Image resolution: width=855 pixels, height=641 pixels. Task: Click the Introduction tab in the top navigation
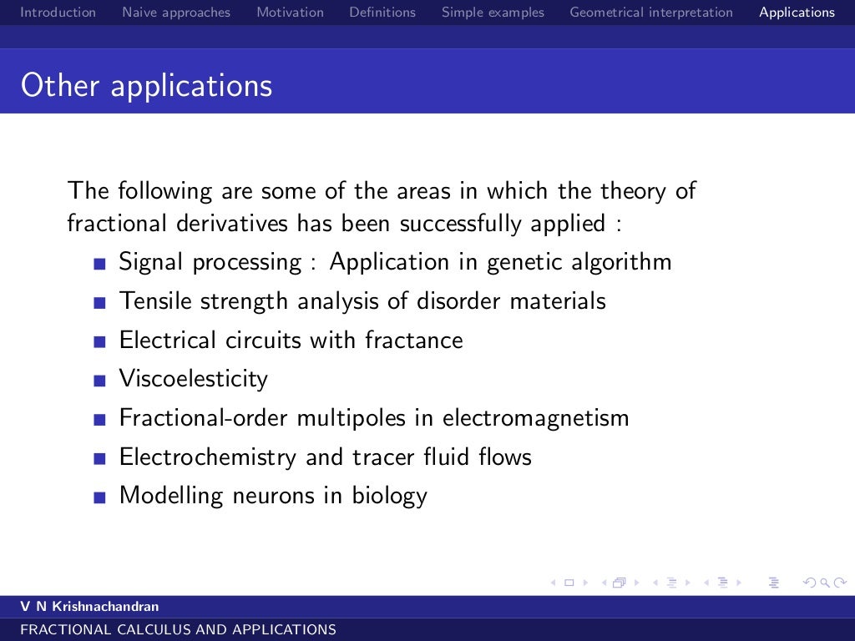coord(58,13)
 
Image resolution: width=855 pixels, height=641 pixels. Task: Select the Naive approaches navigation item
coord(176,13)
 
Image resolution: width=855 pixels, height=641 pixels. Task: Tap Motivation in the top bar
coord(290,13)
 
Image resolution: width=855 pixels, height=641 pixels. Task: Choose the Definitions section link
coord(382,13)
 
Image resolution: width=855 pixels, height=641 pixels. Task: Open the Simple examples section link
coord(493,13)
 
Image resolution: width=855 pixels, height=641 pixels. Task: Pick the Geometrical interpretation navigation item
coord(651,13)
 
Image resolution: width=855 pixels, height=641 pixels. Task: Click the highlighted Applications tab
coord(797,13)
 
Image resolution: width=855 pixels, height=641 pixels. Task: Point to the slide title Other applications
coord(147,86)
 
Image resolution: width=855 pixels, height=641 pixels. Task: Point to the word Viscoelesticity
coord(194,379)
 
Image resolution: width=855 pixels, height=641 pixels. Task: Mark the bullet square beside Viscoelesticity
coord(100,381)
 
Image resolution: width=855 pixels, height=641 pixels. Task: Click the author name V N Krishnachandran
coord(89,607)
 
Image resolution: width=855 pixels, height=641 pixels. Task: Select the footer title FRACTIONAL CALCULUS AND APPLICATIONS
coord(178,630)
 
